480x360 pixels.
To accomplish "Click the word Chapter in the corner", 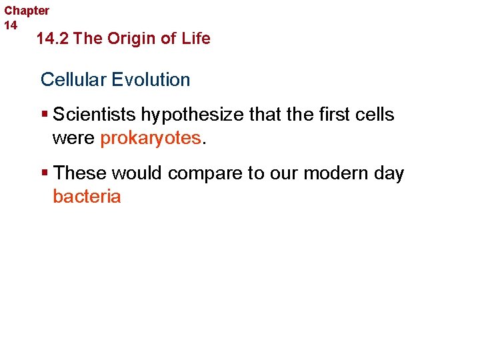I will coord(27,11).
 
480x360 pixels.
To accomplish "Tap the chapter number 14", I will coord(11,25).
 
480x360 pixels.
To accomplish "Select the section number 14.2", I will coord(53,39).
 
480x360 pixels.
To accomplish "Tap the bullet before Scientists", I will coord(44,115).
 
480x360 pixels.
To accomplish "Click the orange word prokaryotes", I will coord(151,138).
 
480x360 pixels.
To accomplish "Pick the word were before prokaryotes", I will coord(74,138).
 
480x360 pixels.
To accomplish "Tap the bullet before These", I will coord(44,173).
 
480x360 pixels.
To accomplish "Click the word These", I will coord(80,173).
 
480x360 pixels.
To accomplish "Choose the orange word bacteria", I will coord(87,197).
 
